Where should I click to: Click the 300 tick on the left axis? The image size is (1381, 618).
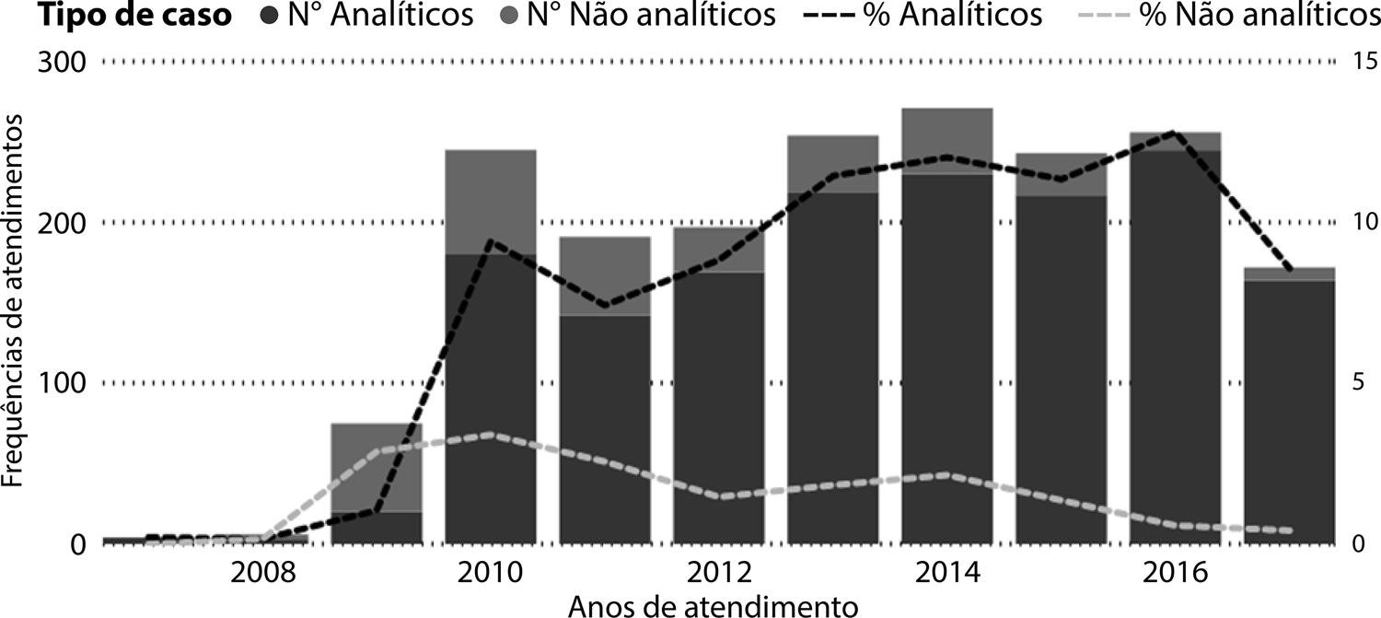point(62,63)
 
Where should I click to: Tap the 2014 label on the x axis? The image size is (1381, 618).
point(946,574)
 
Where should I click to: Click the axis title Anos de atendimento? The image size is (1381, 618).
point(713,605)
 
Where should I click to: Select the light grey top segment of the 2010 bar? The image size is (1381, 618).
point(491,201)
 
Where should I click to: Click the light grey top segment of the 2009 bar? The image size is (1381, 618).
point(377,466)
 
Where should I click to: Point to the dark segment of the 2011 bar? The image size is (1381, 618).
point(605,428)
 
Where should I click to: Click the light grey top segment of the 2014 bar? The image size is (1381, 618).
point(947,140)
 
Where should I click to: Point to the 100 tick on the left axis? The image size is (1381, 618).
point(62,383)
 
